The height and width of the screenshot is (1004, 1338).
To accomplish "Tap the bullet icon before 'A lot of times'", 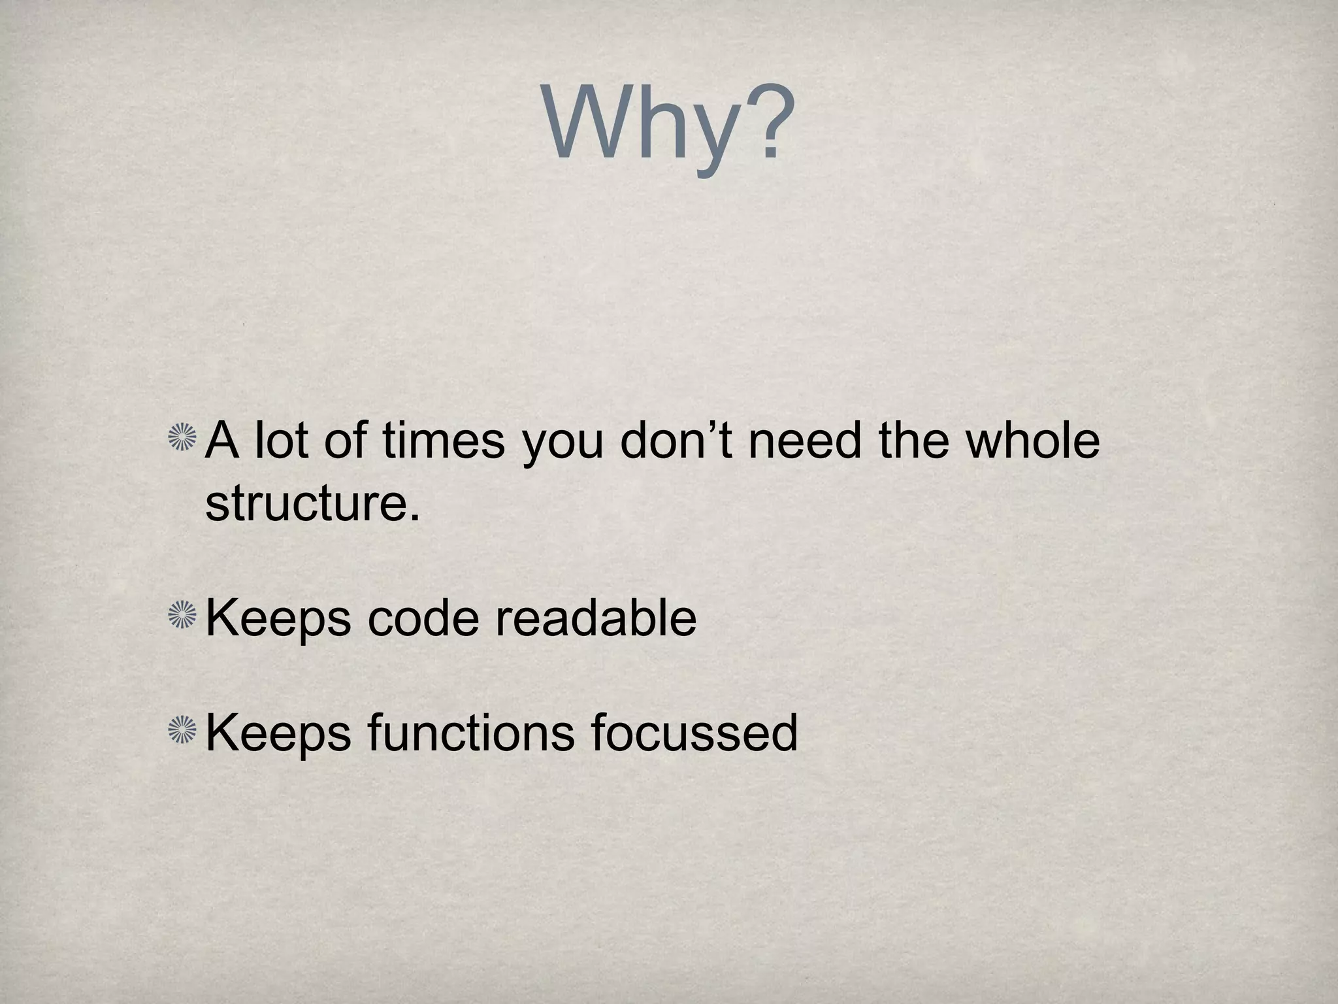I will pyautogui.click(x=182, y=437).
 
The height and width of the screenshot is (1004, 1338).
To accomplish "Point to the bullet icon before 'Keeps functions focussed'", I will pyautogui.click(x=182, y=730).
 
